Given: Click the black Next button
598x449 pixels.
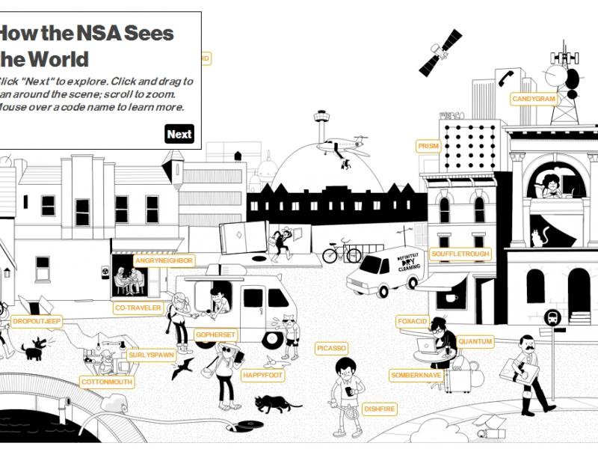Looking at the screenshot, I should pos(179,135).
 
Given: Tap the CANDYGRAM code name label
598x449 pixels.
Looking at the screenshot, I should pos(534,99).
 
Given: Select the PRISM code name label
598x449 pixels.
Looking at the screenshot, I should pos(428,147).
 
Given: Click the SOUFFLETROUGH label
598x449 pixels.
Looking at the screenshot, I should pos(460,254).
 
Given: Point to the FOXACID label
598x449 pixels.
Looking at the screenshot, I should pos(412,322).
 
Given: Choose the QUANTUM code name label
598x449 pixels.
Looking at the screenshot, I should pos(475,342).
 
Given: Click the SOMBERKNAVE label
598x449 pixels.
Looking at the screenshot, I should pos(416,376).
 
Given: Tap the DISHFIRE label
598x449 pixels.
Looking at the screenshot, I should pos(379,409).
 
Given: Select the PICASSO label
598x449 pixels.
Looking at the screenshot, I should pos(331,349).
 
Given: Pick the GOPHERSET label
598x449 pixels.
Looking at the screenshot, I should pos(215,335).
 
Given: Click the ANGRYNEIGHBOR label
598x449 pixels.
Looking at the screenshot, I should pos(164,260).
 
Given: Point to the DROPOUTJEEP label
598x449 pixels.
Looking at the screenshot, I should pos(37,322).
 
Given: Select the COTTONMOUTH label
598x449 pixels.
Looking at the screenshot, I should pos(107,382).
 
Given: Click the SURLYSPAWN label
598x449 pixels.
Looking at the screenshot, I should pos(151,355).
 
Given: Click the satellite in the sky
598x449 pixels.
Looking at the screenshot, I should pos(440,52).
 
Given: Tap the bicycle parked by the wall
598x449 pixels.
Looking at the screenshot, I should pos(341,252).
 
